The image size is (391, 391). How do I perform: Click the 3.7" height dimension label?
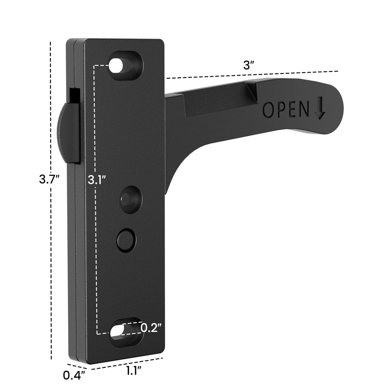click(x=49, y=179)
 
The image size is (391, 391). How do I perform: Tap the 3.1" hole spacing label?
click(x=97, y=180)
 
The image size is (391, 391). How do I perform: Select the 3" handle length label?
click(x=249, y=65)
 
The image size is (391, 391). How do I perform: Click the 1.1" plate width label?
click(x=134, y=371)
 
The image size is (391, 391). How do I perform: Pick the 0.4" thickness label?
click(x=73, y=375)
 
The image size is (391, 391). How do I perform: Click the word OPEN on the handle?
click(x=285, y=109)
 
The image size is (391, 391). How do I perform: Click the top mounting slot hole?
click(x=125, y=65)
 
